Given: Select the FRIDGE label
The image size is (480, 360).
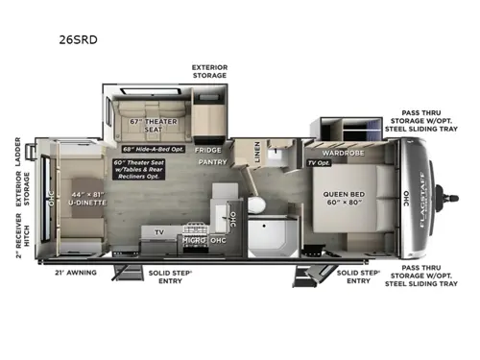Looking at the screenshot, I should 207,150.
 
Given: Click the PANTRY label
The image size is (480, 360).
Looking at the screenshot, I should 211,163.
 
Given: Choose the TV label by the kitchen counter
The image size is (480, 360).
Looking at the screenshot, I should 159,231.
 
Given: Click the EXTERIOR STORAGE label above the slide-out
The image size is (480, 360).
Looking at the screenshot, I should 208,69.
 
